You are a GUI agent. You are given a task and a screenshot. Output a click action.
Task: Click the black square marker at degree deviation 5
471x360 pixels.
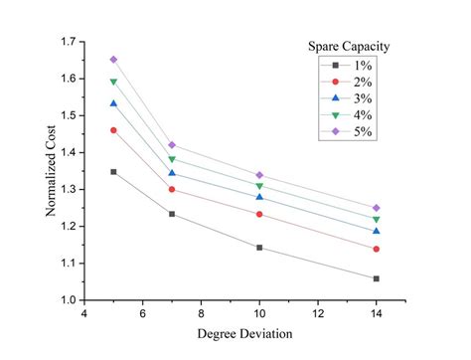click(x=113, y=172)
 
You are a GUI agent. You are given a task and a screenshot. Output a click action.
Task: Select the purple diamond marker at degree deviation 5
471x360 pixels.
click(x=113, y=60)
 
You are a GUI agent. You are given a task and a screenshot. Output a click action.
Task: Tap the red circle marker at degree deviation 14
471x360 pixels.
click(x=376, y=249)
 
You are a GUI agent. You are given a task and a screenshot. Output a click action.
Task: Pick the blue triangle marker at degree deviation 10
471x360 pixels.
click(x=259, y=197)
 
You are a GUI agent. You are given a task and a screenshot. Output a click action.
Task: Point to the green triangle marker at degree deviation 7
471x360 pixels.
click(x=172, y=159)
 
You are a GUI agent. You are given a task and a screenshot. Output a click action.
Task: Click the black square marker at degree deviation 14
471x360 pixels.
click(x=376, y=278)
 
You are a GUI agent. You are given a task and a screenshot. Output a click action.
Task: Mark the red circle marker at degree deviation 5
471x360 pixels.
click(x=113, y=130)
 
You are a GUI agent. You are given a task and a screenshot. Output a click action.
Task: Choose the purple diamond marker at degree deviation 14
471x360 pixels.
click(x=376, y=208)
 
